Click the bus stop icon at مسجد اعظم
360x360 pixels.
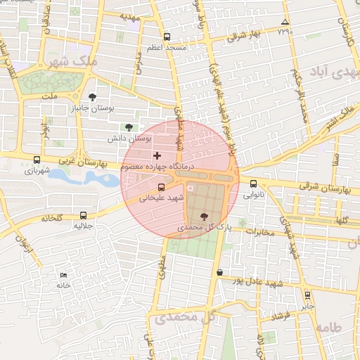click(167, 37)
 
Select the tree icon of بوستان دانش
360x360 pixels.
click(128, 127)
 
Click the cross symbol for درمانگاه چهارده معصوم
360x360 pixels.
click(157, 155)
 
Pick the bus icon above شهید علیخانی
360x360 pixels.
click(162, 187)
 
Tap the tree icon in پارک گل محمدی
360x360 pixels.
click(204, 217)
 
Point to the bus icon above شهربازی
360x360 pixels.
click(37, 159)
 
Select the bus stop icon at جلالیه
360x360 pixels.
click(84, 216)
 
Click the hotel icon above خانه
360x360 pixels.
click(64, 275)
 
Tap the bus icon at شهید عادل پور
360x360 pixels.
click(220, 272)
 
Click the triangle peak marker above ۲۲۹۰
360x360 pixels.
click(285, 22)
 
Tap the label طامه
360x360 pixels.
click(328, 328)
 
